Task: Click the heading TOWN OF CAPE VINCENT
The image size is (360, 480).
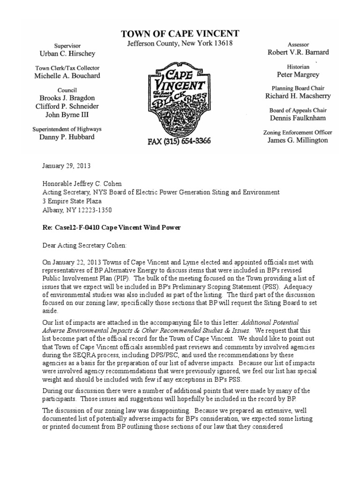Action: coord(180,34)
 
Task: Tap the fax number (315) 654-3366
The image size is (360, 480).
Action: coord(180,141)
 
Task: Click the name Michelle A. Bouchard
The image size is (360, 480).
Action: coord(67,75)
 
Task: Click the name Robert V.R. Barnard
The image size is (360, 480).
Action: coord(298,52)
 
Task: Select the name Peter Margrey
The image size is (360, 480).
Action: coord(298,75)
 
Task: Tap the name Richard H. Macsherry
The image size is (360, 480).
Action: coord(298,96)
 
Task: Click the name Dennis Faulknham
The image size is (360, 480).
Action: coord(298,118)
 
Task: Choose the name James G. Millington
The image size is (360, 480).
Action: coord(298,140)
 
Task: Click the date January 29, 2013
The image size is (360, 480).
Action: coord(66,166)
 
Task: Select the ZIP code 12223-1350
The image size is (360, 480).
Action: coord(96,210)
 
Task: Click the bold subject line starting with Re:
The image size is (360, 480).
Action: coord(112,227)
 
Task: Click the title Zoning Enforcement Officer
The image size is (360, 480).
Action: coord(298,133)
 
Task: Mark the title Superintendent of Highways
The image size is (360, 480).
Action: coord(67,129)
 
